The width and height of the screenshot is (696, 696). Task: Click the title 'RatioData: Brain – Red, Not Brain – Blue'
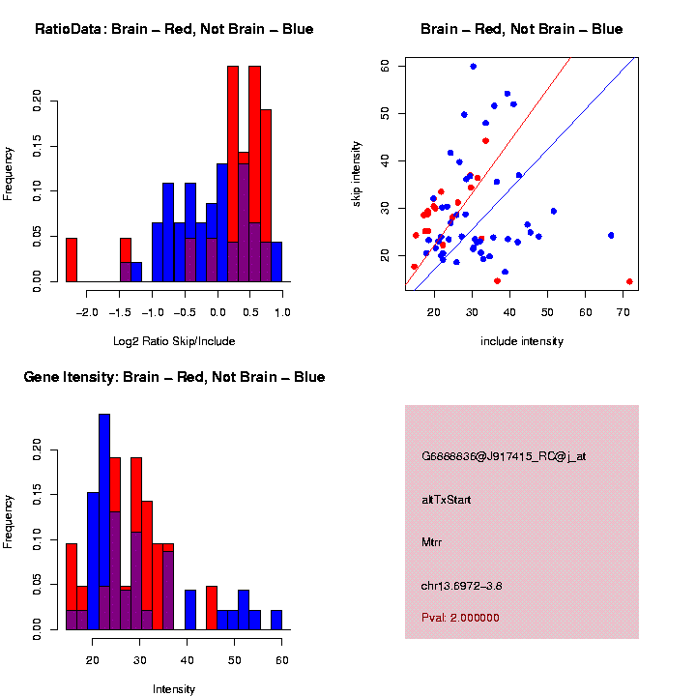click(x=174, y=30)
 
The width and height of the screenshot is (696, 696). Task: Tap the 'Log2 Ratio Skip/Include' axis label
click(x=174, y=341)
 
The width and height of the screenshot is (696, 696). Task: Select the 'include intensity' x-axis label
click(x=521, y=341)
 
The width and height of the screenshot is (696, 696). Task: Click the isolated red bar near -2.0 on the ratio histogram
click(x=71, y=259)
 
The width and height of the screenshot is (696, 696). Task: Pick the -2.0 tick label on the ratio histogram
click(x=86, y=312)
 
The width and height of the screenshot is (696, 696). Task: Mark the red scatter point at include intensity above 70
click(x=629, y=281)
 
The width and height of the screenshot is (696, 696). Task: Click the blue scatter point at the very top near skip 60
click(x=473, y=67)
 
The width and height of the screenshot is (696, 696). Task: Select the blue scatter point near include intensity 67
click(x=611, y=235)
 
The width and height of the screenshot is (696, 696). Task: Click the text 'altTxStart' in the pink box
click(x=446, y=500)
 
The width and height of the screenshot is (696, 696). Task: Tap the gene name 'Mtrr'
click(x=432, y=542)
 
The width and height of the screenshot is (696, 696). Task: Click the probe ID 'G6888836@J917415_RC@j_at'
click(x=503, y=456)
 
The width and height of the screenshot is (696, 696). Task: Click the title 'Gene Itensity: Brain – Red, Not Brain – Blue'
click(x=174, y=377)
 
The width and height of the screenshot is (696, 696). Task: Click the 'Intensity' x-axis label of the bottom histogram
click(x=174, y=689)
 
